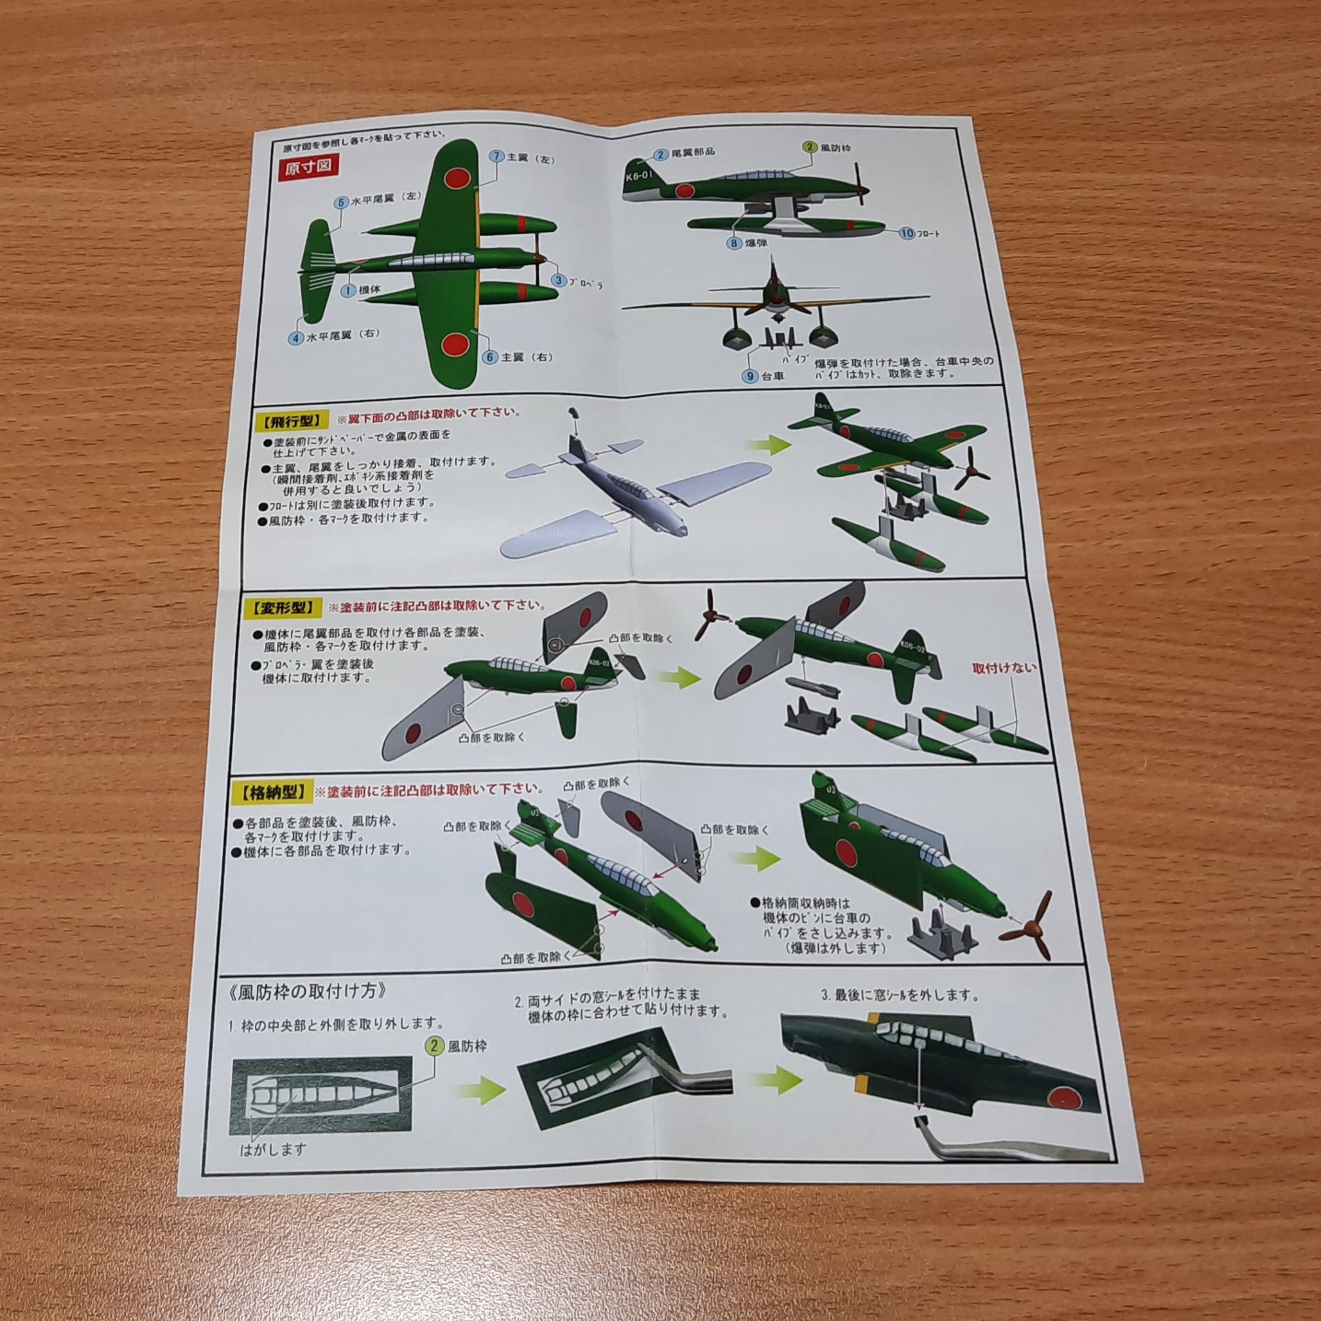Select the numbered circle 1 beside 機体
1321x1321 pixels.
[x=348, y=290]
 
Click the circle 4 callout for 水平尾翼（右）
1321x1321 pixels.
[x=296, y=338]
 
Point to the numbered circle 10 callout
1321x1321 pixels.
[x=906, y=233]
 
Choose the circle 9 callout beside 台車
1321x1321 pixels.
[x=751, y=376]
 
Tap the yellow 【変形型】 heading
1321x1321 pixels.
[x=282, y=608]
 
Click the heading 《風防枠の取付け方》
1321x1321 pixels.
[x=304, y=992]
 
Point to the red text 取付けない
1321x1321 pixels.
[x=1003, y=669]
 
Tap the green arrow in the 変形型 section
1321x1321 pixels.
[x=678, y=678]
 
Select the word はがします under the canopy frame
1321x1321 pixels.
[x=273, y=1149]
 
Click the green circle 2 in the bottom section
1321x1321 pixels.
[x=434, y=1046]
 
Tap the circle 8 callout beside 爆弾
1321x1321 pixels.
[x=734, y=243]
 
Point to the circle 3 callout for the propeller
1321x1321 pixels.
[x=558, y=280]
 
